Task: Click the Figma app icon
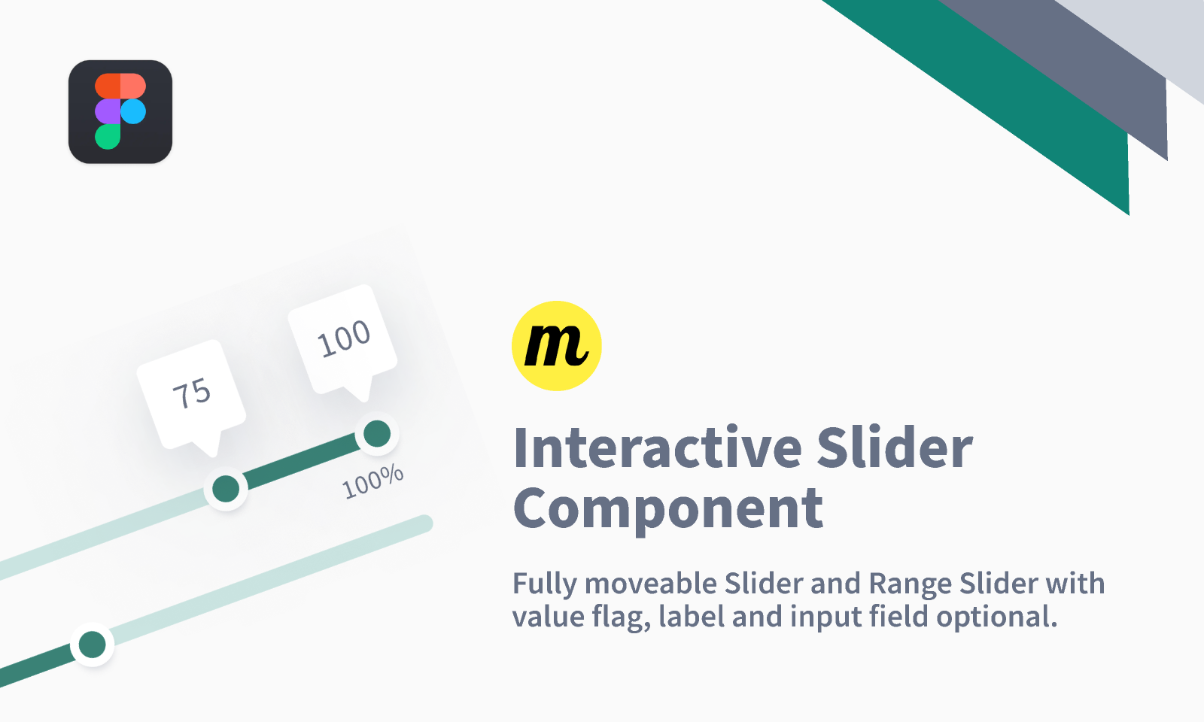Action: pyautogui.click(x=120, y=111)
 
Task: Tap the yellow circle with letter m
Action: pyautogui.click(x=557, y=346)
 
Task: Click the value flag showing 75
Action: pyautogui.click(x=191, y=393)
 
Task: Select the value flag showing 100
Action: pyautogui.click(x=343, y=338)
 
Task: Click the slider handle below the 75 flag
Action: pyautogui.click(x=226, y=489)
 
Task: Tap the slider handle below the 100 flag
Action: pyautogui.click(x=377, y=434)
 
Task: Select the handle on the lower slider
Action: pyautogui.click(x=93, y=645)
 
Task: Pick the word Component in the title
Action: pyautogui.click(x=667, y=509)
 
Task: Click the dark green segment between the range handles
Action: pyautogui.click(x=301, y=461)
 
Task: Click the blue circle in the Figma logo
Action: pyautogui.click(x=133, y=111)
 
